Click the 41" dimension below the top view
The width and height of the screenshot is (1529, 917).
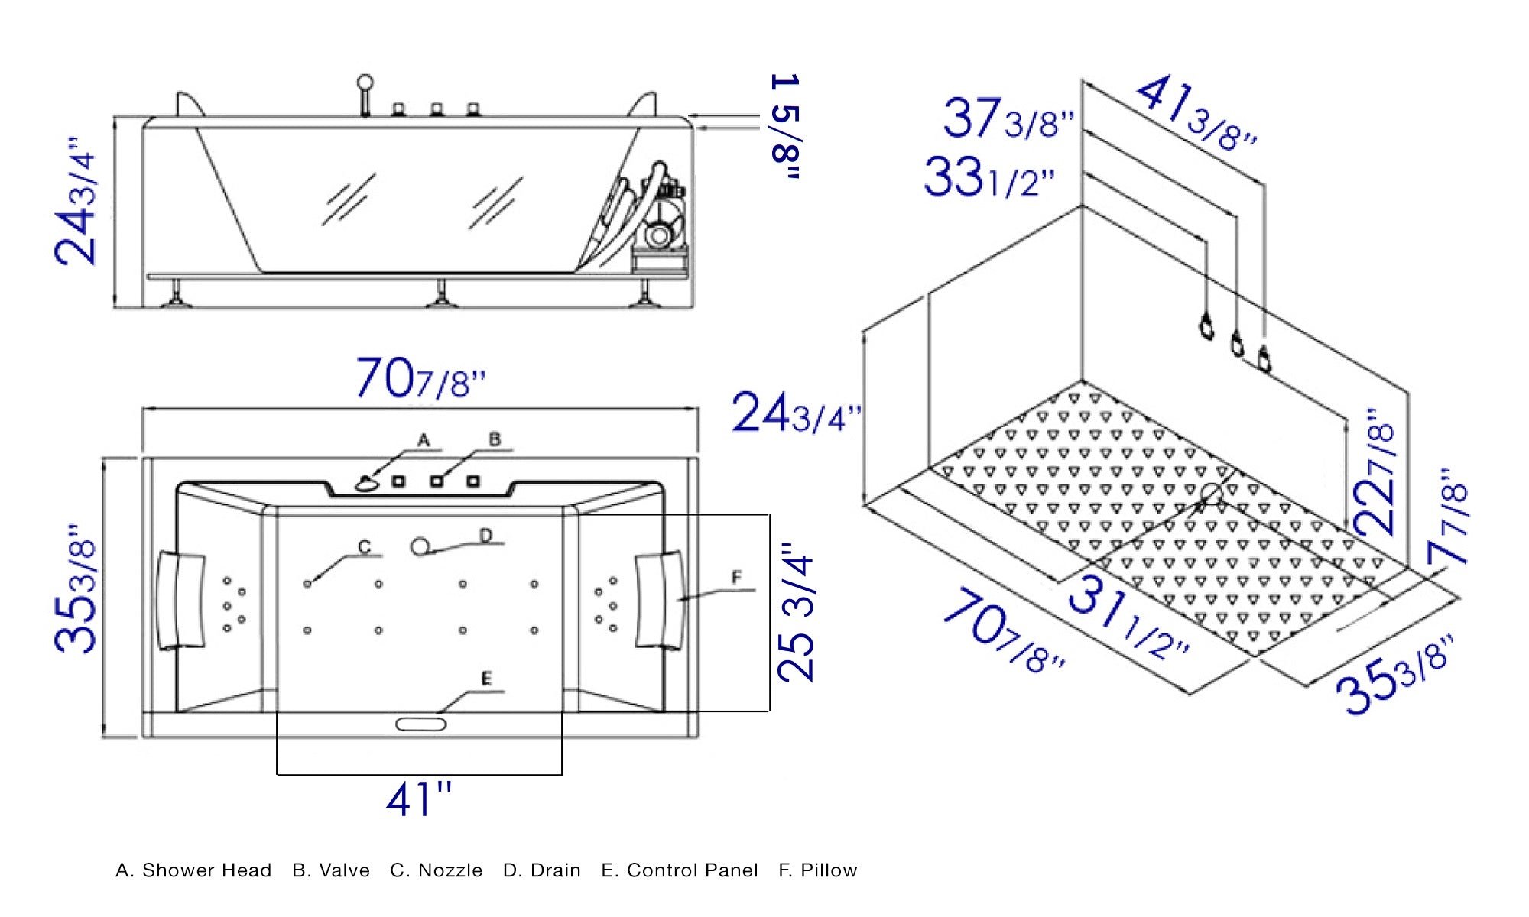418,800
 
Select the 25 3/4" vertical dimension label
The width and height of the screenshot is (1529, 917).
796,614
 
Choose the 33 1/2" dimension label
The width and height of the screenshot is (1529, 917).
988,178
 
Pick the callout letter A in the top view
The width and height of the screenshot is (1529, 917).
424,440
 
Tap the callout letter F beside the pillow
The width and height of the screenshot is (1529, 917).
736,577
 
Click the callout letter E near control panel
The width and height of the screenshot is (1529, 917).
486,679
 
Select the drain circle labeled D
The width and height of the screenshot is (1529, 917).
420,546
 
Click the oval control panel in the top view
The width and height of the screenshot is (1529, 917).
420,724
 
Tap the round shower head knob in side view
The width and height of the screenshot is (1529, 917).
365,82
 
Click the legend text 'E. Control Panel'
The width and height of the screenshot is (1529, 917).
679,870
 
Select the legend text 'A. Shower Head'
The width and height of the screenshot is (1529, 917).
193,870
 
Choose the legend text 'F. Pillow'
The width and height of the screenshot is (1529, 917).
817,870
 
